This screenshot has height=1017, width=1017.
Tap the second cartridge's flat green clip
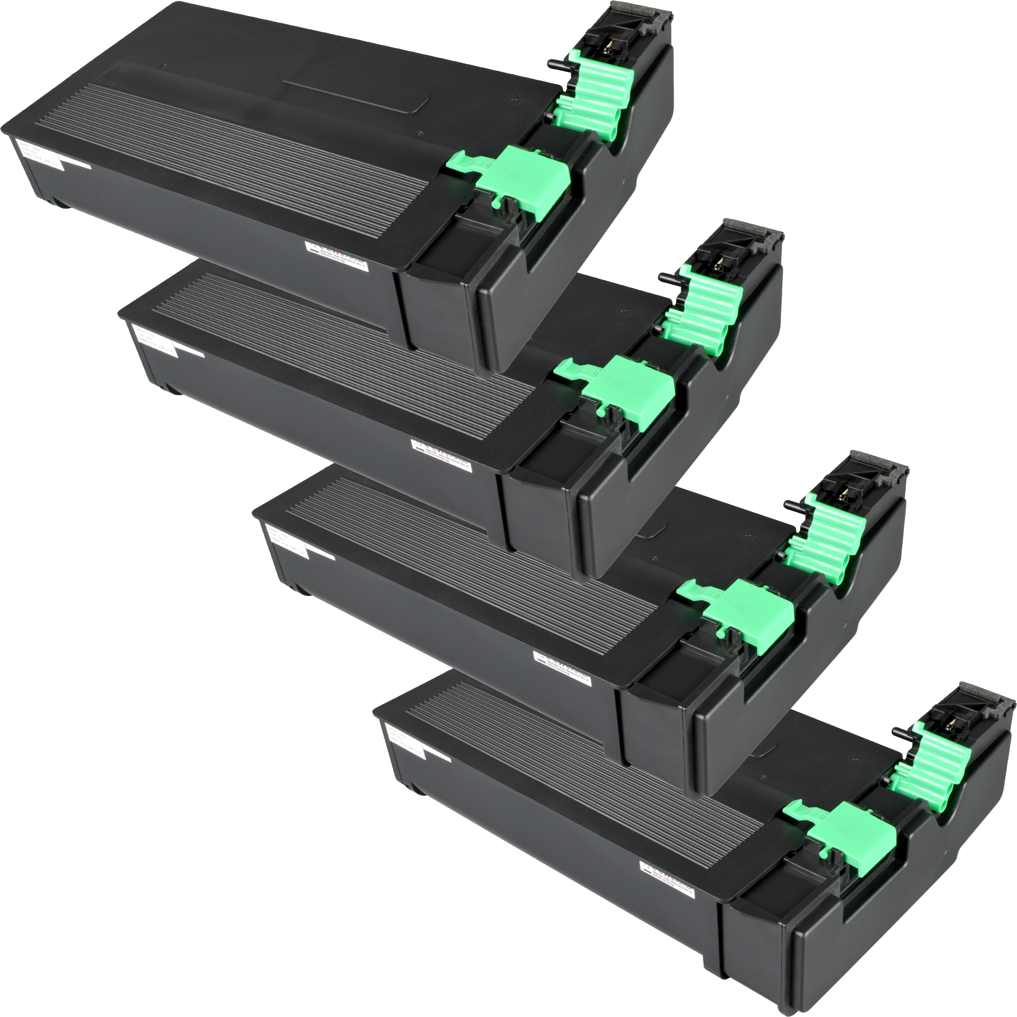pyautogui.click(x=629, y=387)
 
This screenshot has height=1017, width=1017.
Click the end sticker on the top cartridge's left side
pyautogui.click(x=37, y=155)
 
